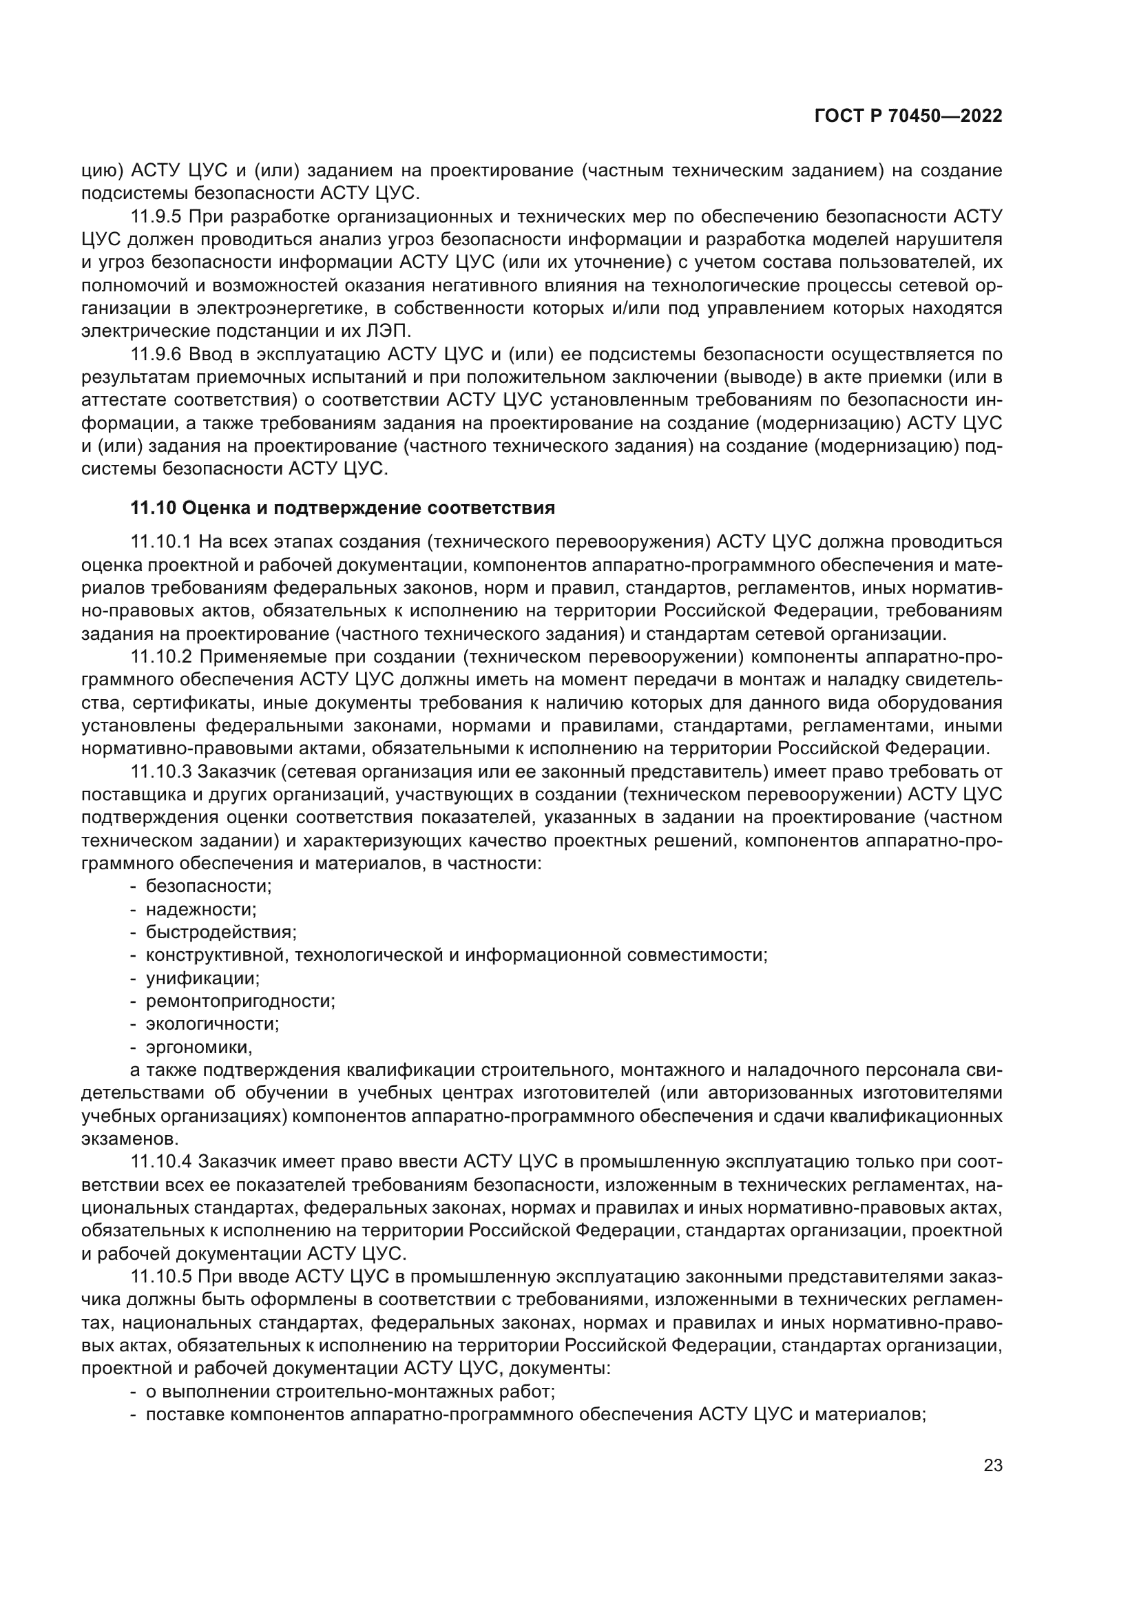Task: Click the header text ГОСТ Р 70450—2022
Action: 908,116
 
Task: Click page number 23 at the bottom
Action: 992,1465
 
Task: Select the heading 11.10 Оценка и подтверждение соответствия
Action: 342,508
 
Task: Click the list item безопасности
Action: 208,886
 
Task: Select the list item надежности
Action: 200,910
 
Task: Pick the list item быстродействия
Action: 221,933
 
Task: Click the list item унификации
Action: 202,978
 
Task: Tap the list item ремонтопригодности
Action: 240,1001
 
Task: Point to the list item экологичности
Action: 212,1023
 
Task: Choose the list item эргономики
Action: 198,1048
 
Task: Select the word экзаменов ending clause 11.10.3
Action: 129,1139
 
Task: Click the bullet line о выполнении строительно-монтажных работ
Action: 350,1391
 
